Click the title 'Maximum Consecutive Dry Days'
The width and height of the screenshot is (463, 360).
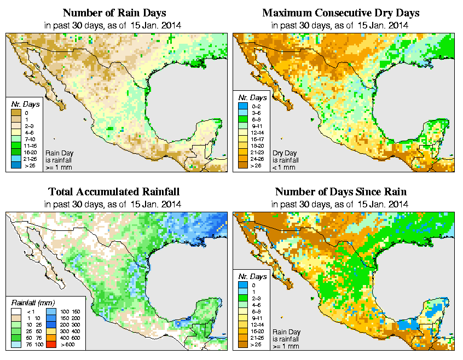pyautogui.click(x=341, y=13)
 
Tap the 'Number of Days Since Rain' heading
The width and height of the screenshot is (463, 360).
pyautogui.click(x=341, y=192)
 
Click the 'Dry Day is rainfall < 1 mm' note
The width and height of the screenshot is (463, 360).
pyautogui.click(x=285, y=160)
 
